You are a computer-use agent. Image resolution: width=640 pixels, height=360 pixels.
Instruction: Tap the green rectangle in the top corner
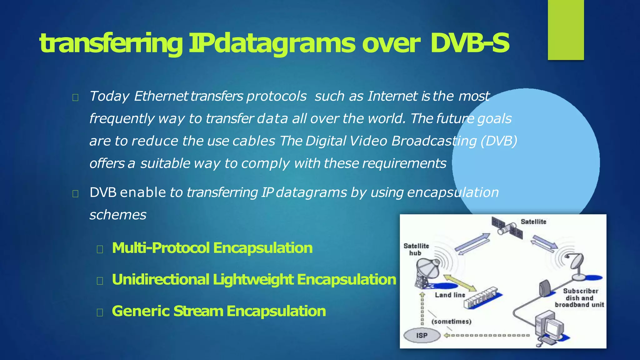[x=566, y=30]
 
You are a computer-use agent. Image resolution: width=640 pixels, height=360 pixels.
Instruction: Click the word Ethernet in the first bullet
[x=161, y=96]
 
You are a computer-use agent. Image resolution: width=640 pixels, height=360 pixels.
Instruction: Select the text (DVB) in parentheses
[x=499, y=141]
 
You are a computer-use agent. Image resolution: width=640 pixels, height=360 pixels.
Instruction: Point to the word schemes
[x=118, y=215]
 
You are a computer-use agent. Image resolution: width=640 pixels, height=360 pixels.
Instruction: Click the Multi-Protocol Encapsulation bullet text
[x=212, y=248]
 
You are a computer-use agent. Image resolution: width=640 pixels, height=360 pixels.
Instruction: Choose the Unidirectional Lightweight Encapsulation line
[x=254, y=279]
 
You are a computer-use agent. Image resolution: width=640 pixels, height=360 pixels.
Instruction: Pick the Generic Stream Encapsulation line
[x=219, y=311]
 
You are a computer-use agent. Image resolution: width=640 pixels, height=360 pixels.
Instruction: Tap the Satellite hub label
[x=416, y=249]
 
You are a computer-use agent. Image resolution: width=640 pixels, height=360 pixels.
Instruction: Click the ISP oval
[x=422, y=335]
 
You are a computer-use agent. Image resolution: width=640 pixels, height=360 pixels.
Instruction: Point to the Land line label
[x=450, y=295]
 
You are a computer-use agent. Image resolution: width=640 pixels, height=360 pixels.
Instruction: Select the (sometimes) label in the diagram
[x=451, y=321]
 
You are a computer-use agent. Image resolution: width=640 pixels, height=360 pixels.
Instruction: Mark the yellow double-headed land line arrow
[x=460, y=282]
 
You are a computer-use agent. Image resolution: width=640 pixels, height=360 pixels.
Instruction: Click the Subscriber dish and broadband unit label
[x=580, y=298]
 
